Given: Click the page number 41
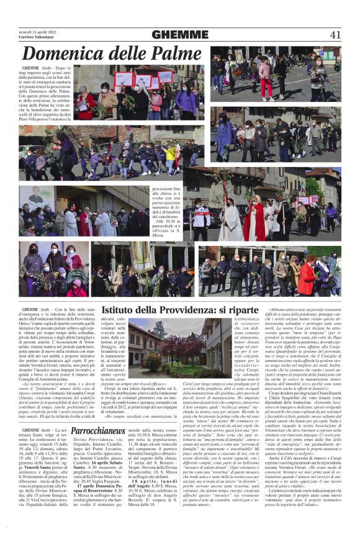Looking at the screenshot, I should click(335, 34).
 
